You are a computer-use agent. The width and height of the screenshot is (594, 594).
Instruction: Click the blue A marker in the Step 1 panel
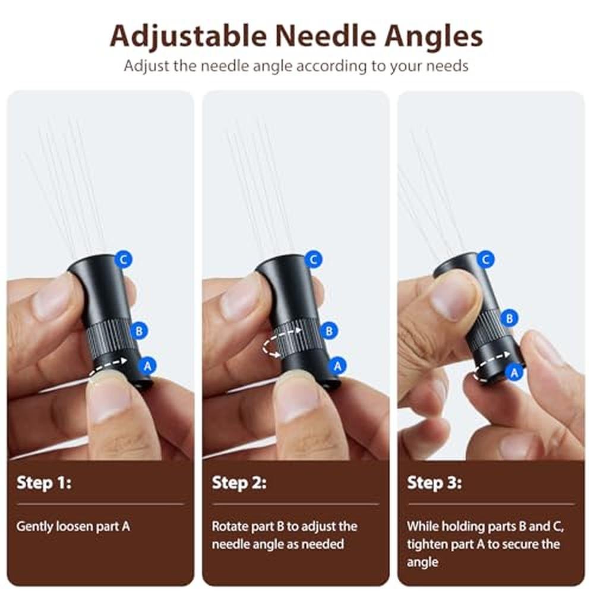147,366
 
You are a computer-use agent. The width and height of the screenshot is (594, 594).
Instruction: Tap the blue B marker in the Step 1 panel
139,331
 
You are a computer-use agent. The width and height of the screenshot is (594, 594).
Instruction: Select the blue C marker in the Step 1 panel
124,260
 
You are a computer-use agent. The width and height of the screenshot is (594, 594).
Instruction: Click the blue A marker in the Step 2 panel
337,366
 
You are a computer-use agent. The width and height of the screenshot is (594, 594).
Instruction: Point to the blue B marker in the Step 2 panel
329,331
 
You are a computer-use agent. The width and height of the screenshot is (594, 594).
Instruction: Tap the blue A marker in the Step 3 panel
514,373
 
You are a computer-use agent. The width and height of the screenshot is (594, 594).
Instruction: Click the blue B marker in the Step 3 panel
510,318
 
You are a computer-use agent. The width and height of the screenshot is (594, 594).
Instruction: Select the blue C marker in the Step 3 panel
486,260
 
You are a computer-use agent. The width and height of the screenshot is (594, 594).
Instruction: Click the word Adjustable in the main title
188,37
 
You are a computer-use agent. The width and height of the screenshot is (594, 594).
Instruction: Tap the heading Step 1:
44,482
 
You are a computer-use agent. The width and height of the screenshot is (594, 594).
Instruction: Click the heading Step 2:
239,482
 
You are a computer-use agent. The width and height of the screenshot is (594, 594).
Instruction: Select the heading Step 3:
434,482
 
